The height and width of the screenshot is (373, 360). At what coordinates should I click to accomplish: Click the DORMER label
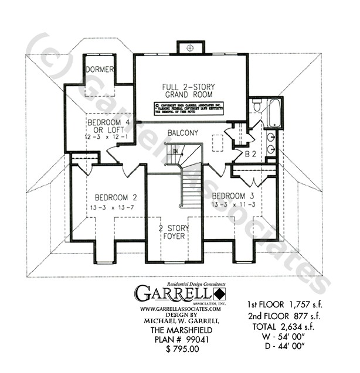point(99,69)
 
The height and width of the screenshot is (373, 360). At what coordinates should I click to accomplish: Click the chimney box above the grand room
point(189,47)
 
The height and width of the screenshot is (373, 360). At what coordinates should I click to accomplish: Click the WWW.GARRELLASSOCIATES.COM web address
point(180,309)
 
